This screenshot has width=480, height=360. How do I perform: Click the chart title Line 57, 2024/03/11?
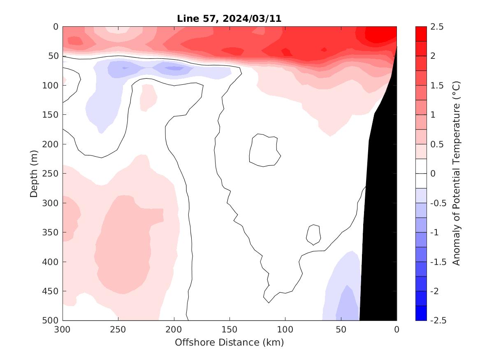click(x=229, y=19)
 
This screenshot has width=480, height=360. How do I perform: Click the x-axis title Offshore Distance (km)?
click(x=229, y=342)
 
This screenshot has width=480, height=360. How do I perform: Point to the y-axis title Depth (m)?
click(x=34, y=173)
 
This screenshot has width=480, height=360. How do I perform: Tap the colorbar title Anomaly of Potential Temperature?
click(x=456, y=173)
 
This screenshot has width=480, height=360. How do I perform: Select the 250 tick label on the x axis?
click(x=118, y=330)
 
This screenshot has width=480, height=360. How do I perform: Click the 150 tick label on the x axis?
click(x=229, y=330)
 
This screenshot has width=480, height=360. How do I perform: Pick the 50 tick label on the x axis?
click(x=341, y=330)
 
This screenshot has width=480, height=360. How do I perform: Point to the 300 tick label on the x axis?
click(x=63, y=330)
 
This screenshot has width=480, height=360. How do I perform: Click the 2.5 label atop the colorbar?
click(x=438, y=27)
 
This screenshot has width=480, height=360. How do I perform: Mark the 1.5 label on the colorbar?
click(x=438, y=86)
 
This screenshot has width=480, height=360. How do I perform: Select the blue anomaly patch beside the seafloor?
click(x=343, y=292)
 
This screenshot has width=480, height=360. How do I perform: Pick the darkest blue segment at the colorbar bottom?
click(x=421, y=313)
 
